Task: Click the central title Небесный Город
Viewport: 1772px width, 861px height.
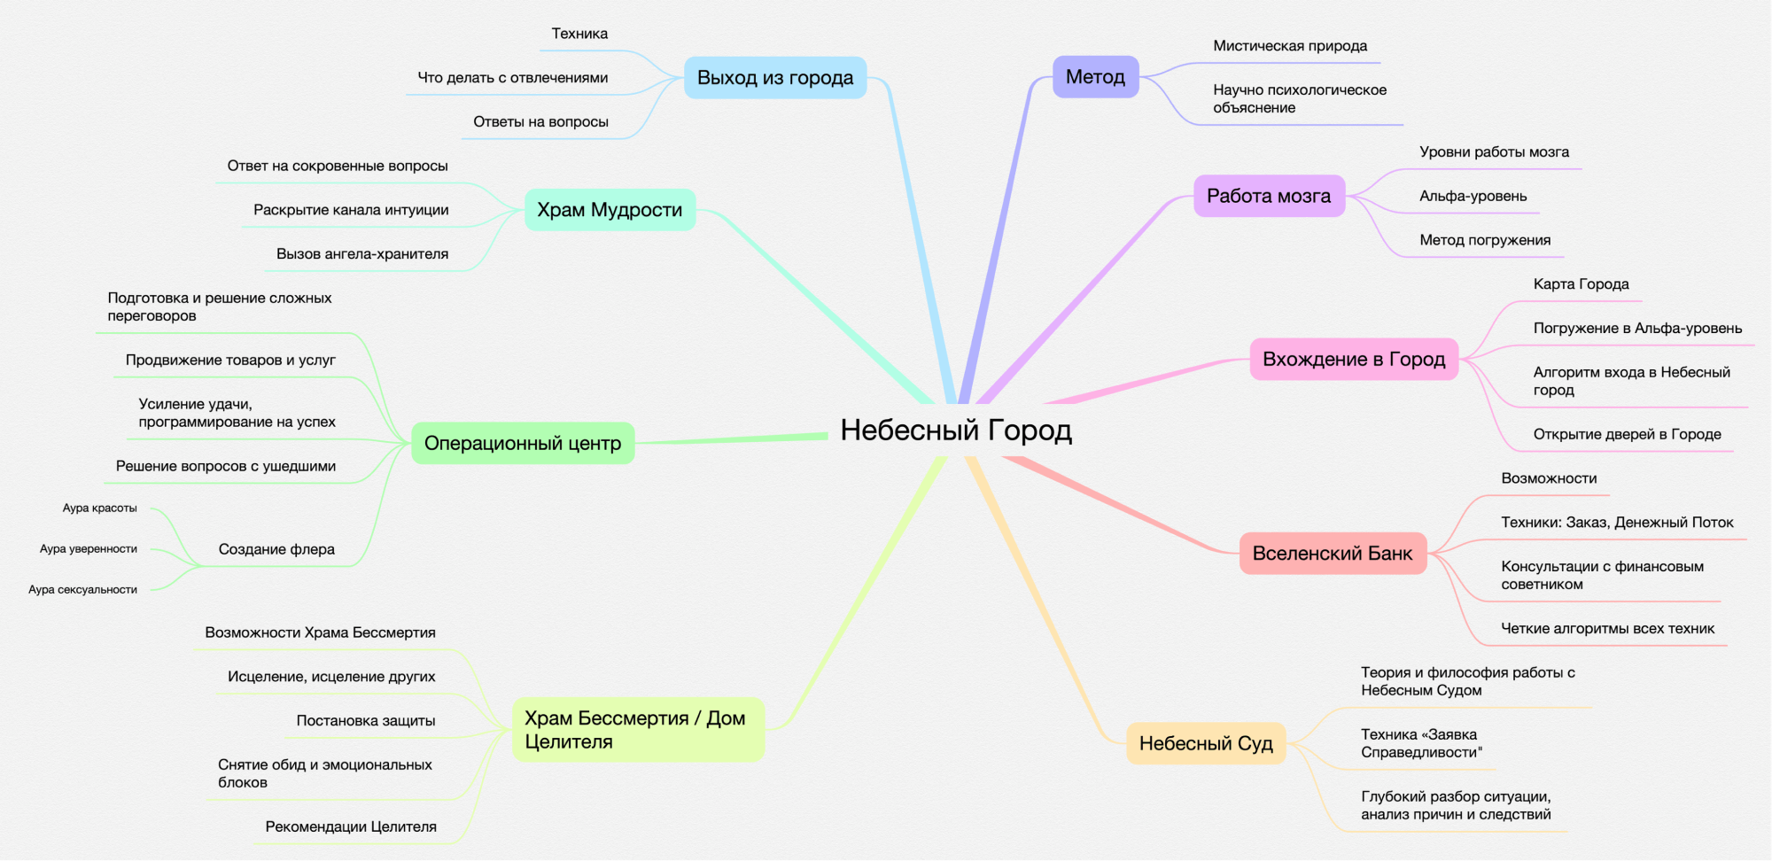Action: (956, 430)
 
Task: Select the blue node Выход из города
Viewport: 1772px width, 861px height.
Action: (775, 78)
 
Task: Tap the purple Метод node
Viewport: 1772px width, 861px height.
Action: (1095, 77)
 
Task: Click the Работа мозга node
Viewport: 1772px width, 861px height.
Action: (1268, 196)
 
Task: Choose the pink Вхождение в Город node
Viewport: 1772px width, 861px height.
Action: (1353, 359)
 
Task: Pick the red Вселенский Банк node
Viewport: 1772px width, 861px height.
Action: (1332, 554)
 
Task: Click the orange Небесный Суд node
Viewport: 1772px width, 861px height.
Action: (1205, 743)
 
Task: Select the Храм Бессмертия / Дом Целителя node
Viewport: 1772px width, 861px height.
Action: (637, 730)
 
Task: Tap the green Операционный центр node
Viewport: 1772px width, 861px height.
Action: (523, 443)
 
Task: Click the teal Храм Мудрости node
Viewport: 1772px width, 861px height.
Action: (610, 210)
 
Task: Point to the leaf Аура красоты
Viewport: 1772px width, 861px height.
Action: (100, 508)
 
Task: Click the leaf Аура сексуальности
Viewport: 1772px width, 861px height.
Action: (83, 590)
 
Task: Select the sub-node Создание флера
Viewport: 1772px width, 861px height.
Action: (276, 549)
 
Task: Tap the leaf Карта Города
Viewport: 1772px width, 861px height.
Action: (1581, 284)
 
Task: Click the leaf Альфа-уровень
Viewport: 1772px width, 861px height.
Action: (1473, 197)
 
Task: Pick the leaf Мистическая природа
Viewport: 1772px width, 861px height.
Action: (1289, 46)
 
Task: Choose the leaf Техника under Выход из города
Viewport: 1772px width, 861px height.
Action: (579, 34)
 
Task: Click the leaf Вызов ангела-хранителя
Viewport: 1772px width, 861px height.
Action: (362, 254)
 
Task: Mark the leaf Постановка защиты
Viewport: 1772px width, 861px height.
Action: (366, 721)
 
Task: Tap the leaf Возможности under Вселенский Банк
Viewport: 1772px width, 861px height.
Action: (1549, 478)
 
